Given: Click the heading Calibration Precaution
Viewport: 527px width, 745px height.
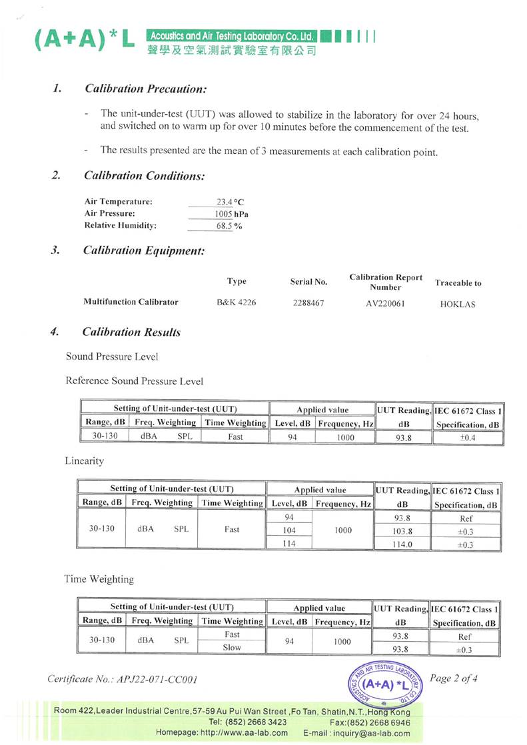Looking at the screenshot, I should pyautogui.click(x=144, y=89).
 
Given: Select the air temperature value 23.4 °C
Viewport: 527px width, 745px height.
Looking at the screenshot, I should pyautogui.click(x=231, y=201).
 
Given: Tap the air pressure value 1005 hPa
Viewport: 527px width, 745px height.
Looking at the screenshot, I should pyautogui.click(x=231, y=214).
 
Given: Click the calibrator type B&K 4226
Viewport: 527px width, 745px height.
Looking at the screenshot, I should pyautogui.click(x=237, y=303).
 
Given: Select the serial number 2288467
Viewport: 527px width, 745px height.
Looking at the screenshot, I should pyautogui.click(x=308, y=303).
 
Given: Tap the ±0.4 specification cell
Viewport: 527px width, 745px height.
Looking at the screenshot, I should pyautogui.click(x=466, y=437).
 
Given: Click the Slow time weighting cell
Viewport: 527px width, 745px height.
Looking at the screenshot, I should pyautogui.click(x=232, y=648).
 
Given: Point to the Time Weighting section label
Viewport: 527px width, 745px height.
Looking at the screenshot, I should pyautogui.click(x=99, y=580).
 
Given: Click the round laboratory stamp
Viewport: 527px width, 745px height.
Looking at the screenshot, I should pyautogui.click(x=385, y=684).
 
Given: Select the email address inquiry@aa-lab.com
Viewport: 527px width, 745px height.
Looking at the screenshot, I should pyautogui.click(x=380, y=733).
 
